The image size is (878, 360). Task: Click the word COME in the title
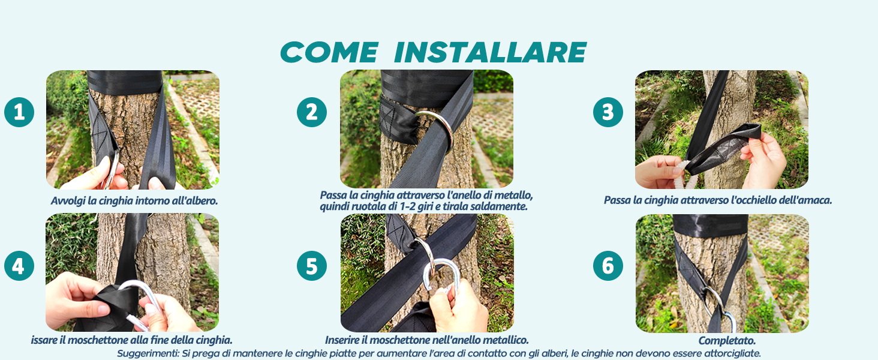point(329,52)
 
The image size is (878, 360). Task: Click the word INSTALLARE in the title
point(490,52)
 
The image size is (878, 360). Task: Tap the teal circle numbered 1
point(19,112)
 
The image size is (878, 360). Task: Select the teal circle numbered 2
point(312,112)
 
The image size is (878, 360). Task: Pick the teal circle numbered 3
point(608,112)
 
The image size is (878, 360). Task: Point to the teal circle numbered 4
point(19,266)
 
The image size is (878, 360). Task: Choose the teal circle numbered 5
point(312,266)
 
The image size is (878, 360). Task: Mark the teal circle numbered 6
point(608,266)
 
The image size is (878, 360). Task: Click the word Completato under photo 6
point(727,340)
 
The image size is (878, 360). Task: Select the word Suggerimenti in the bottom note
point(148,353)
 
